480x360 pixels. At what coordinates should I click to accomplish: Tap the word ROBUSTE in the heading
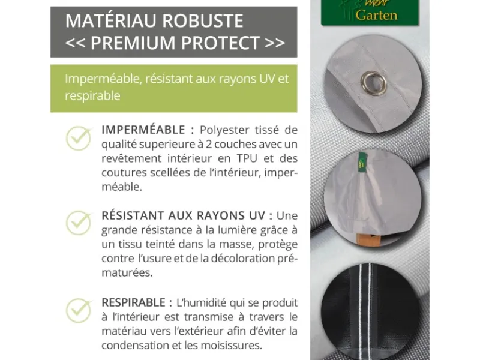202,20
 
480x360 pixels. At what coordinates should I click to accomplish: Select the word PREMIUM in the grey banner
133,42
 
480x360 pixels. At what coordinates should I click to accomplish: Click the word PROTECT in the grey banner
220,42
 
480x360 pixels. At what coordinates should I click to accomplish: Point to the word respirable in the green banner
92,96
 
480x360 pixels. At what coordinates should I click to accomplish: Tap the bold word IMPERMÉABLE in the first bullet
143,130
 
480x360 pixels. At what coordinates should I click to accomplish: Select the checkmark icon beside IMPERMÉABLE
79,139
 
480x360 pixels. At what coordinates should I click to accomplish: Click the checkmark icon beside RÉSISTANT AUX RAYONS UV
79,223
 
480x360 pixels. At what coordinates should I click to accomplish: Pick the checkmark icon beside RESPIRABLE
79,310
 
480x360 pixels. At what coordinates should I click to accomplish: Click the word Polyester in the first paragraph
224,130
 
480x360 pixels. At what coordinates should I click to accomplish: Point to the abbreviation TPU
247,158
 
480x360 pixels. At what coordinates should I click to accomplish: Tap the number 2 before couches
208,144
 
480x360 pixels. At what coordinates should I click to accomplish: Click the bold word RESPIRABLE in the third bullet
133,302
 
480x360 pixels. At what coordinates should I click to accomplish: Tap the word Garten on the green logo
376,14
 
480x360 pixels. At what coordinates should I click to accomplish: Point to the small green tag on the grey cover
362,160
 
